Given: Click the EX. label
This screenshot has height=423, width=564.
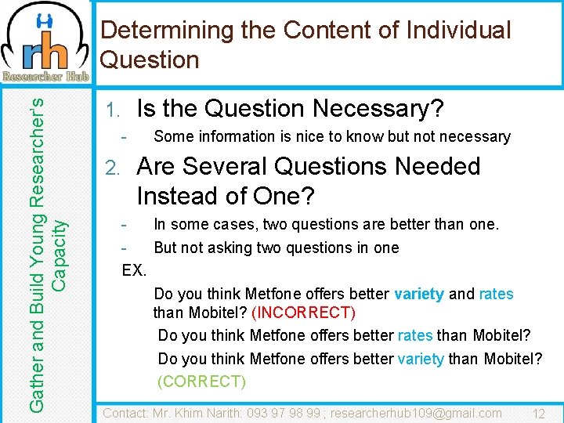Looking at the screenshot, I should click(x=135, y=270).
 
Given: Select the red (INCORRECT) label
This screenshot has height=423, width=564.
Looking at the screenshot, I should click(x=303, y=313).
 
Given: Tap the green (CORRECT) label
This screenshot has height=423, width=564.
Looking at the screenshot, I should click(x=201, y=381).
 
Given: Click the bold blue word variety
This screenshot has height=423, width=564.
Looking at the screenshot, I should click(x=419, y=295).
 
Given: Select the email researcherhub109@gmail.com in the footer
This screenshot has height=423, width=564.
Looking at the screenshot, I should click(x=416, y=413).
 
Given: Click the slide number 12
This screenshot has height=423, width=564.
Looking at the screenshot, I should click(x=538, y=413).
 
